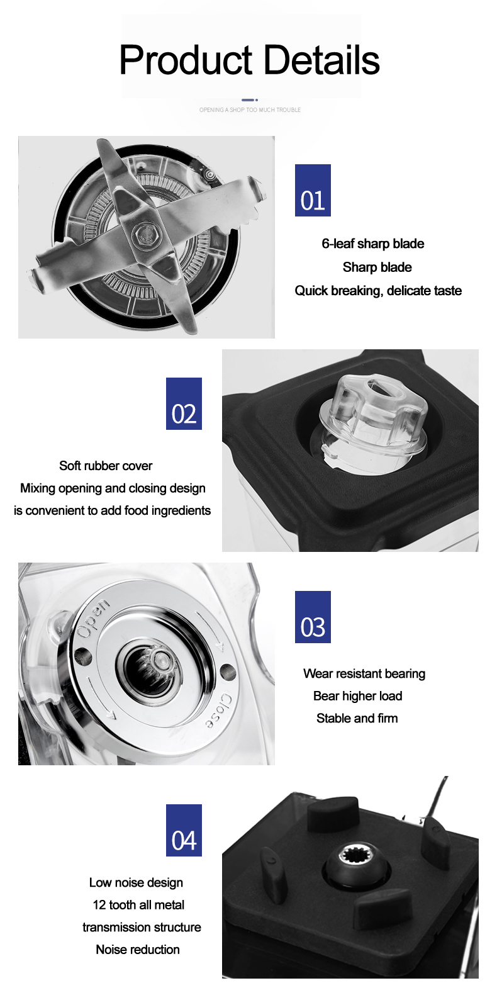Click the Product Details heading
point(249,60)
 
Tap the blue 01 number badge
point(313,191)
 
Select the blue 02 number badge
point(184,404)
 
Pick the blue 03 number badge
point(313,617)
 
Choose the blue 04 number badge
point(184,831)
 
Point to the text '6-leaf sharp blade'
point(372,244)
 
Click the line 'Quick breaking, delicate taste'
point(378,291)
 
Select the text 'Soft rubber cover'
point(106,466)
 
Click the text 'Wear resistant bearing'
point(364,674)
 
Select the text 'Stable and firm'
point(357,719)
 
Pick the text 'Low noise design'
point(136,883)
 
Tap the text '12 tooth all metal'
point(138,905)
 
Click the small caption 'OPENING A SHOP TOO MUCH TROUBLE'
point(250,110)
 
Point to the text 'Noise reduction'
point(138,950)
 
